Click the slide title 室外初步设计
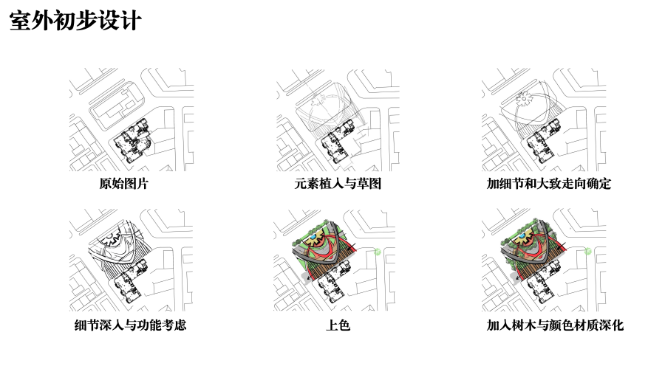[75, 21]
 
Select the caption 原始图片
[123, 184]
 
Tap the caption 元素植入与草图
[338, 184]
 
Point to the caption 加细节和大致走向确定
[548, 184]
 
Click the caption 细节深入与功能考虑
[130, 325]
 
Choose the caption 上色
[338, 325]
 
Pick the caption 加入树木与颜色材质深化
[555, 325]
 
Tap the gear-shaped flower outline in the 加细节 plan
[524, 99]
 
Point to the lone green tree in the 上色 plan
[377, 252]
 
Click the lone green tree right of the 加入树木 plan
[588, 252]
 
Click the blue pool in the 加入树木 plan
[520, 236]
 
